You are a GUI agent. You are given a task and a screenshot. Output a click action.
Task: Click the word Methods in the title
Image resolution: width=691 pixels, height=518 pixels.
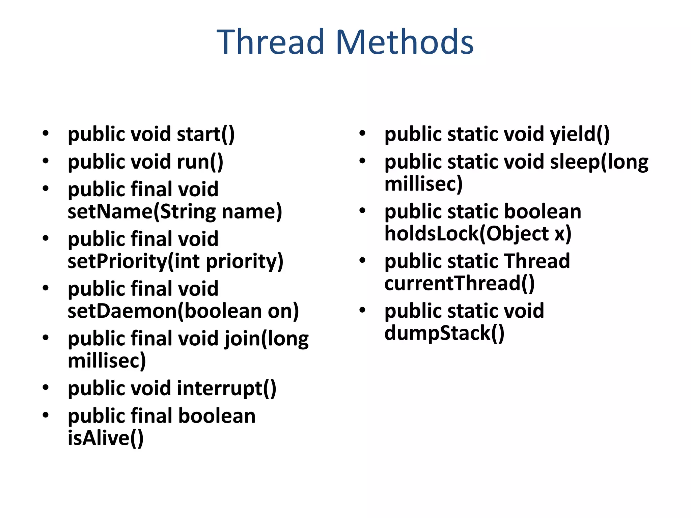pyautogui.click(x=405, y=42)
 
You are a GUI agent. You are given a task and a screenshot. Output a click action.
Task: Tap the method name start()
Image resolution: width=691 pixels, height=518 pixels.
pyautogui.click(x=205, y=134)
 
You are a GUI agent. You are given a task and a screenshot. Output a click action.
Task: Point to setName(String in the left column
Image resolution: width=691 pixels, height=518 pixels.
pyautogui.click(x=142, y=212)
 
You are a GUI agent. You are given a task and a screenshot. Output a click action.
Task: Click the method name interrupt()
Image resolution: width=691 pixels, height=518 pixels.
pyautogui.click(x=226, y=388)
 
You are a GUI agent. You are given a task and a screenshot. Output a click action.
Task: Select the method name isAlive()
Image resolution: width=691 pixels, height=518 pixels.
pyautogui.click(x=106, y=438)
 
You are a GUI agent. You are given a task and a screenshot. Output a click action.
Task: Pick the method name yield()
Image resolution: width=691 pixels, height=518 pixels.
pyautogui.click(x=580, y=134)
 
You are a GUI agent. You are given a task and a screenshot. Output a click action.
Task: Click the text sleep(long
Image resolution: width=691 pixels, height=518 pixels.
pyautogui.click(x=599, y=162)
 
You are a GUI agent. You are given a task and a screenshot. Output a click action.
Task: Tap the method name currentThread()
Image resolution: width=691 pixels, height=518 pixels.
pyautogui.click(x=460, y=283)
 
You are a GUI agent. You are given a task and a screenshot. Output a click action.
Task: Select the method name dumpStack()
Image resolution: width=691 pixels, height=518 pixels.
pyautogui.click(x=444, y=333)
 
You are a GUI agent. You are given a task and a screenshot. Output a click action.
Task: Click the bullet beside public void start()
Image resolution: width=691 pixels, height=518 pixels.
pyautogui.click(x=46, y=133)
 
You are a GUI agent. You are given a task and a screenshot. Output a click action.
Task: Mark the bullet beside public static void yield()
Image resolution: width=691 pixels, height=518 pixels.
pyautogui.click(x=362, y=133)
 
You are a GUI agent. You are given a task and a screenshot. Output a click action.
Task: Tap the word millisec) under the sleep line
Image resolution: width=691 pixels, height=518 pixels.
pyautogui.click(x=423, y=184)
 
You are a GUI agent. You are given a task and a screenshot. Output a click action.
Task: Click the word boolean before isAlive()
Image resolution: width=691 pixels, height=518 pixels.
pyautogui.click(x=217, y=416)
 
